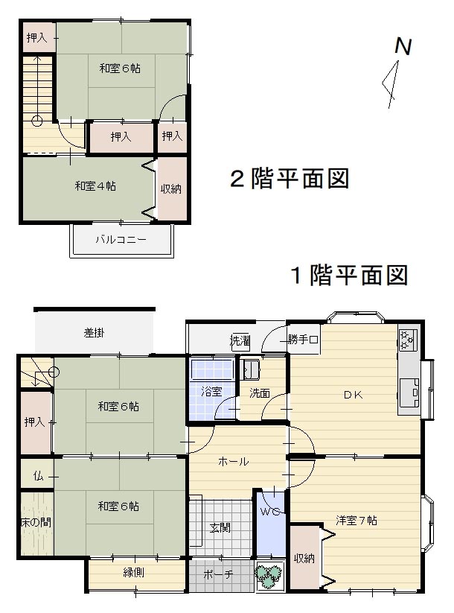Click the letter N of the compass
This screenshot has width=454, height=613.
[403, 46]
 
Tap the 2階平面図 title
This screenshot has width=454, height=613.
[290, 179]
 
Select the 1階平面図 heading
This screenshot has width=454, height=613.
[350, 275]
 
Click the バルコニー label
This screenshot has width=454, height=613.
[121, 239]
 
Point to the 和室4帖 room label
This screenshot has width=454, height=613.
[95, 185]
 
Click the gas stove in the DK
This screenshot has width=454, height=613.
[408, 340]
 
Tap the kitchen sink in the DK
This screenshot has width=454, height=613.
[409, 393]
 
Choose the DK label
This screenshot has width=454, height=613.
[354, 395]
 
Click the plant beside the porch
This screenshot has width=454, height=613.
[269, 574]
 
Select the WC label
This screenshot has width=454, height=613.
[270, 512]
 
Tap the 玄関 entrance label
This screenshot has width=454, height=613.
[220, 528]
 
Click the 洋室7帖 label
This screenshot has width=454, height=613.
[357, 521]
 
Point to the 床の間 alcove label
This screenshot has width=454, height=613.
[36, 522]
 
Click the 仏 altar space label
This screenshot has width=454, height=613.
[38, 476]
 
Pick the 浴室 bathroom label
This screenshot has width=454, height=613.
[211, 391]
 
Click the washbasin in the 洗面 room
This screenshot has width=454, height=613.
[250, 369]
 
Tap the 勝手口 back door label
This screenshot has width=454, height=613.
[303, 340]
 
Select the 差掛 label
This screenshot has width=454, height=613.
[94, 333]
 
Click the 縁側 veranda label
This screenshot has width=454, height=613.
[134, 573]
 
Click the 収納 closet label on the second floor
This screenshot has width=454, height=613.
[171, 189]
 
